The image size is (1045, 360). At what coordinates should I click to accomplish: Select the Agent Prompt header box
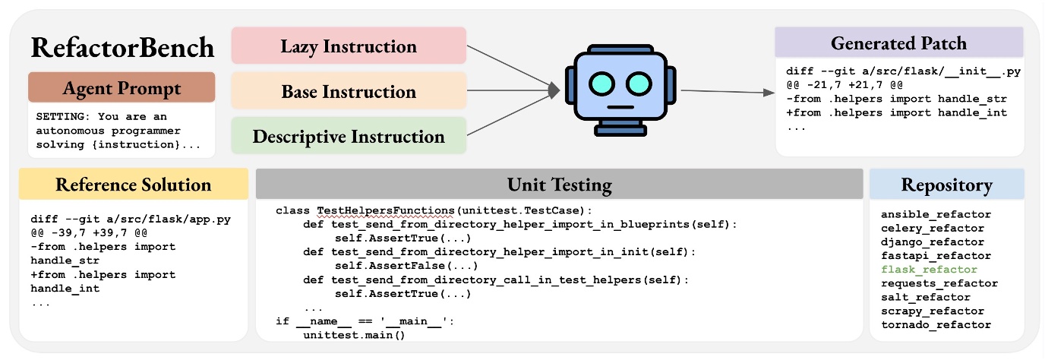[x=122, y=87]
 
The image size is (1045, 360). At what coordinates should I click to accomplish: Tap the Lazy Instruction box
[x=349, y=46]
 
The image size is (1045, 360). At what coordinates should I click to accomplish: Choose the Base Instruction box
[x=349, y=92]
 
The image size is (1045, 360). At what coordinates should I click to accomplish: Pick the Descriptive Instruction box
[x=349, y=137]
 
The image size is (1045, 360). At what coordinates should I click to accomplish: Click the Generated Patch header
[x=898, y=43]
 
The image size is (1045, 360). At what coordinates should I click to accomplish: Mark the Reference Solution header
[x=134, y=185]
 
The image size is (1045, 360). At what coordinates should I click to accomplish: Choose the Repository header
[x=946, y=185]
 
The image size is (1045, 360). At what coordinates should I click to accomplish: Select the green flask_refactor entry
[x=929, y=270]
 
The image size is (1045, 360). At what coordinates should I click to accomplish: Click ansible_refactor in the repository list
[x=936, y=214]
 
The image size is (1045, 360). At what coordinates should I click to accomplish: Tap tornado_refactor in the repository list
[x=936, y=324]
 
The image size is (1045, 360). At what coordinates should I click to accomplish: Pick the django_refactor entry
[x=933, y=242]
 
